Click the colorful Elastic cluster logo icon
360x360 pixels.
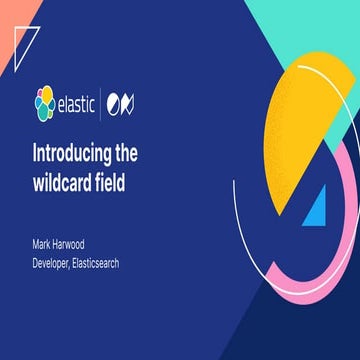click(43, 100)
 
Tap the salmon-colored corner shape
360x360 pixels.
click(7, 12)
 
